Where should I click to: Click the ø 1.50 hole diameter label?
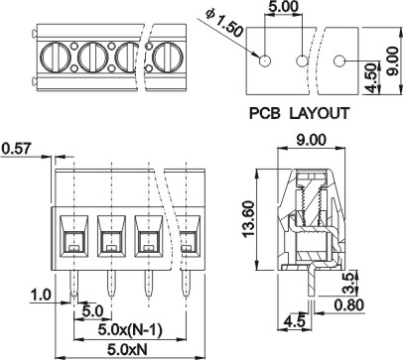point(224,24)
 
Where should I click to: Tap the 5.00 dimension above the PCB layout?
point(283,6)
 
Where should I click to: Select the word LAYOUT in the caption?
point(320,113)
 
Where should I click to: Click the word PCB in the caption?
point(265,113)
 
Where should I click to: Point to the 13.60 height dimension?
point(248,219)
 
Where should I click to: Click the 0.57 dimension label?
point(16,149)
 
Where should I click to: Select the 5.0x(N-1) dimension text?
point(130,330)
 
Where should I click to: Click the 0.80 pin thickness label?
point(349,305)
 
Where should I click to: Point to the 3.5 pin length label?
point(350,282)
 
